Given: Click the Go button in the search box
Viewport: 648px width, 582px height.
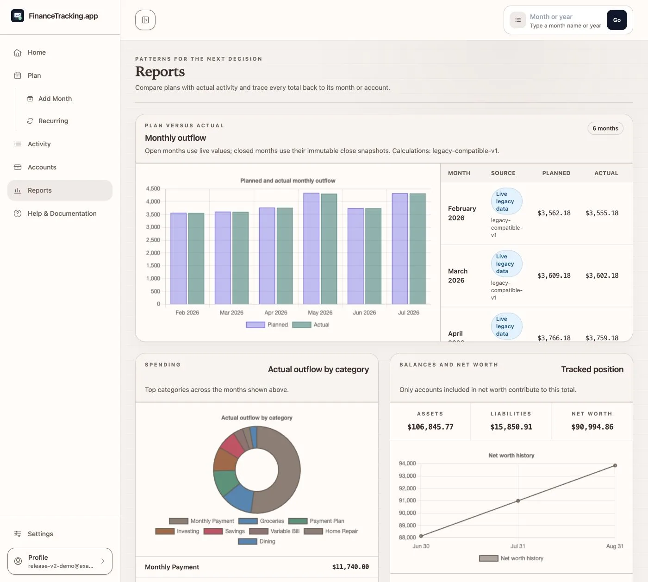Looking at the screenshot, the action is [x=617, y=20].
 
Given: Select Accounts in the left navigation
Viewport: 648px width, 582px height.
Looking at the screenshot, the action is [x=42, y=167].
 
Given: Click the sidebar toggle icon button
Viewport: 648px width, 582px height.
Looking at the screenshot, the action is [x=145, y=20].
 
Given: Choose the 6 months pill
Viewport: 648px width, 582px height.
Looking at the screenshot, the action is [x=605, y=128].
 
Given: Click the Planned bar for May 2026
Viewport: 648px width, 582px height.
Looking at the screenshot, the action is [x=311, y=248].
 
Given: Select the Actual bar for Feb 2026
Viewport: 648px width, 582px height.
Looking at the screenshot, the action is [x=196, y=258].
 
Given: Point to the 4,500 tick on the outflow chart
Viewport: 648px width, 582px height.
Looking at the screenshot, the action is [x=153, y=188].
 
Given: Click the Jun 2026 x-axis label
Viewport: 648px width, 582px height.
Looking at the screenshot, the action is [x=364, y=313].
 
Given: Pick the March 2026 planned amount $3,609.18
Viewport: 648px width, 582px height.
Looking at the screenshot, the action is [x=554, y=275].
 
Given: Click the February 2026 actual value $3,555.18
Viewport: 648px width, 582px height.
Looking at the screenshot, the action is [x=602, y=213].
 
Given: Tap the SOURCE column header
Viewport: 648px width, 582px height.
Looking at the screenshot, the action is [x=503, y=173].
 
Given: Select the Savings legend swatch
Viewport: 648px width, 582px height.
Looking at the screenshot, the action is [x=213, y=531].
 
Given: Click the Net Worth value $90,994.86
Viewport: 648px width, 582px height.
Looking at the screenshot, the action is [x=592, y=427].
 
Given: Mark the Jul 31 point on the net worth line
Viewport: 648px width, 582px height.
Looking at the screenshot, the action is [x=518, y=501].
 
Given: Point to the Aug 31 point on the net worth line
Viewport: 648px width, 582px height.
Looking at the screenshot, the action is [x=615, y=465].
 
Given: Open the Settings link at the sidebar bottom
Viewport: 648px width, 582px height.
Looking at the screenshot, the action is [x=40, y=534].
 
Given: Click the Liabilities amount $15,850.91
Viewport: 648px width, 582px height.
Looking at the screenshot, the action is [x=511, y=427].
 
